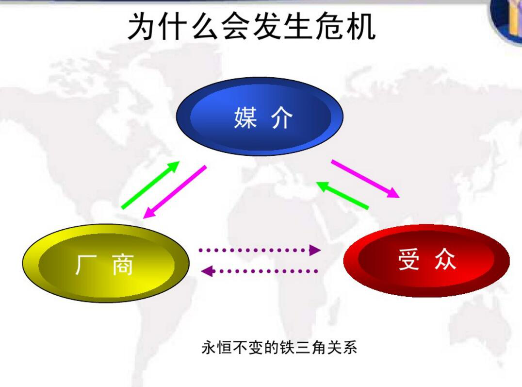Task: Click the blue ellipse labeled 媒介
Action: click(260, 117)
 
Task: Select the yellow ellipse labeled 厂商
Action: click(106, 263)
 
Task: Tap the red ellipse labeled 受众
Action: click(426, 260)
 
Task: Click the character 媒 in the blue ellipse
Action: click(245, 118)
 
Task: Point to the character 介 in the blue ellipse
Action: click(282, 118)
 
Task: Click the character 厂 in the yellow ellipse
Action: click(86, 265)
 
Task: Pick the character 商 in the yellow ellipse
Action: click(123, 265)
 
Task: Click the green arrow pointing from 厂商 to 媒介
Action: click(150, 185)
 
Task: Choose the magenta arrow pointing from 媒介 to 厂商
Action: click(175, 192)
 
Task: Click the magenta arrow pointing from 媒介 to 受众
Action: click(365, 179)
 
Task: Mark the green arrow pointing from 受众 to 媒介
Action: click(342, 195)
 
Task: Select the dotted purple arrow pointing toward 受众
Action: click(260, 250)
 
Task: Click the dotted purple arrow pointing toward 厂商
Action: click(260, 271)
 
